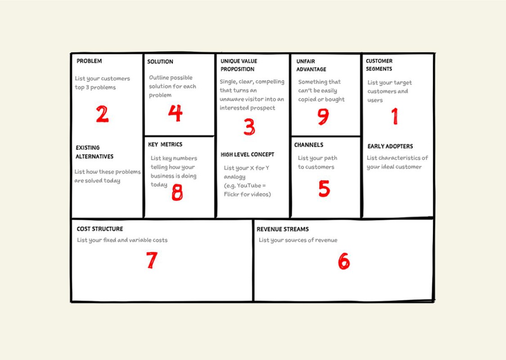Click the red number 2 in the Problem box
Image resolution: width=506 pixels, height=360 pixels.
[x=102, y=114]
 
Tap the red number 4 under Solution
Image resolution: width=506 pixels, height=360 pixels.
[x=175, y=113]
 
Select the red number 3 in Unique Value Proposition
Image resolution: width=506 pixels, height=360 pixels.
[x=249, y=127]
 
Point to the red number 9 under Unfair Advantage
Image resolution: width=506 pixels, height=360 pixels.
[x=323, y=117]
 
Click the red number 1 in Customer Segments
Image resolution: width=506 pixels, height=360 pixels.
[x=395, y=116]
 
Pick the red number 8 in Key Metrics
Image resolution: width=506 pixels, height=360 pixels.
[x=177, y=193]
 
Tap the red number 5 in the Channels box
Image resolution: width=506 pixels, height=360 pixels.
[x=324, y=189]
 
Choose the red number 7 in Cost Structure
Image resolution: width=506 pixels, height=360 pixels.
[x=152, y=260]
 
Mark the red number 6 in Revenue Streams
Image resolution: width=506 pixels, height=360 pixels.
[x=343, y=261]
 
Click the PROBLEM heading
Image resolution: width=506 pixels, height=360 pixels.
[x=89, y=61]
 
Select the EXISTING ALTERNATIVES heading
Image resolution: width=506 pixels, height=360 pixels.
[x=94, y=152]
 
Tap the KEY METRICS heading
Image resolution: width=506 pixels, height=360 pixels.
[x=165, y=144]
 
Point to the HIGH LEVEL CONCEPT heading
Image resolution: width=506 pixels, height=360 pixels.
[x=247, y=154]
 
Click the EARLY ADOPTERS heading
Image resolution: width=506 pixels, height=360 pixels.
[x=390, y=146]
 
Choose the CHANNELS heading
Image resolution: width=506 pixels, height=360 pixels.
[x=308, y=145]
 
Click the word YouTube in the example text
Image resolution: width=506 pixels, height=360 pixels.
[x=249, y=185]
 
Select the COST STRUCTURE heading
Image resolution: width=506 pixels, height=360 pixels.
[x=99, y=229]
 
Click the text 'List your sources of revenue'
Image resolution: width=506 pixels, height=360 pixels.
[x=298, y=240]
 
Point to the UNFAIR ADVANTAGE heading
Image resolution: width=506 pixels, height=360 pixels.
[x=311, y=65]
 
